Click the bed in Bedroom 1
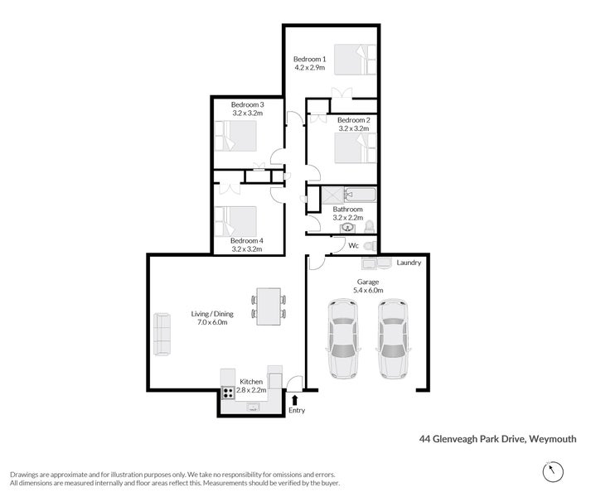point(351,59)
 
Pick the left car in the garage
point(343,338)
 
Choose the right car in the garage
point(393,338)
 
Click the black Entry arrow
point(296,399)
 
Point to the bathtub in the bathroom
point(359,196)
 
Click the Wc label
point(352,246)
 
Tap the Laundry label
point(409,263)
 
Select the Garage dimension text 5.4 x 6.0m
point(368,291)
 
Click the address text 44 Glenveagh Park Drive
point(472,439)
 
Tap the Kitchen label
point(251,381)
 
